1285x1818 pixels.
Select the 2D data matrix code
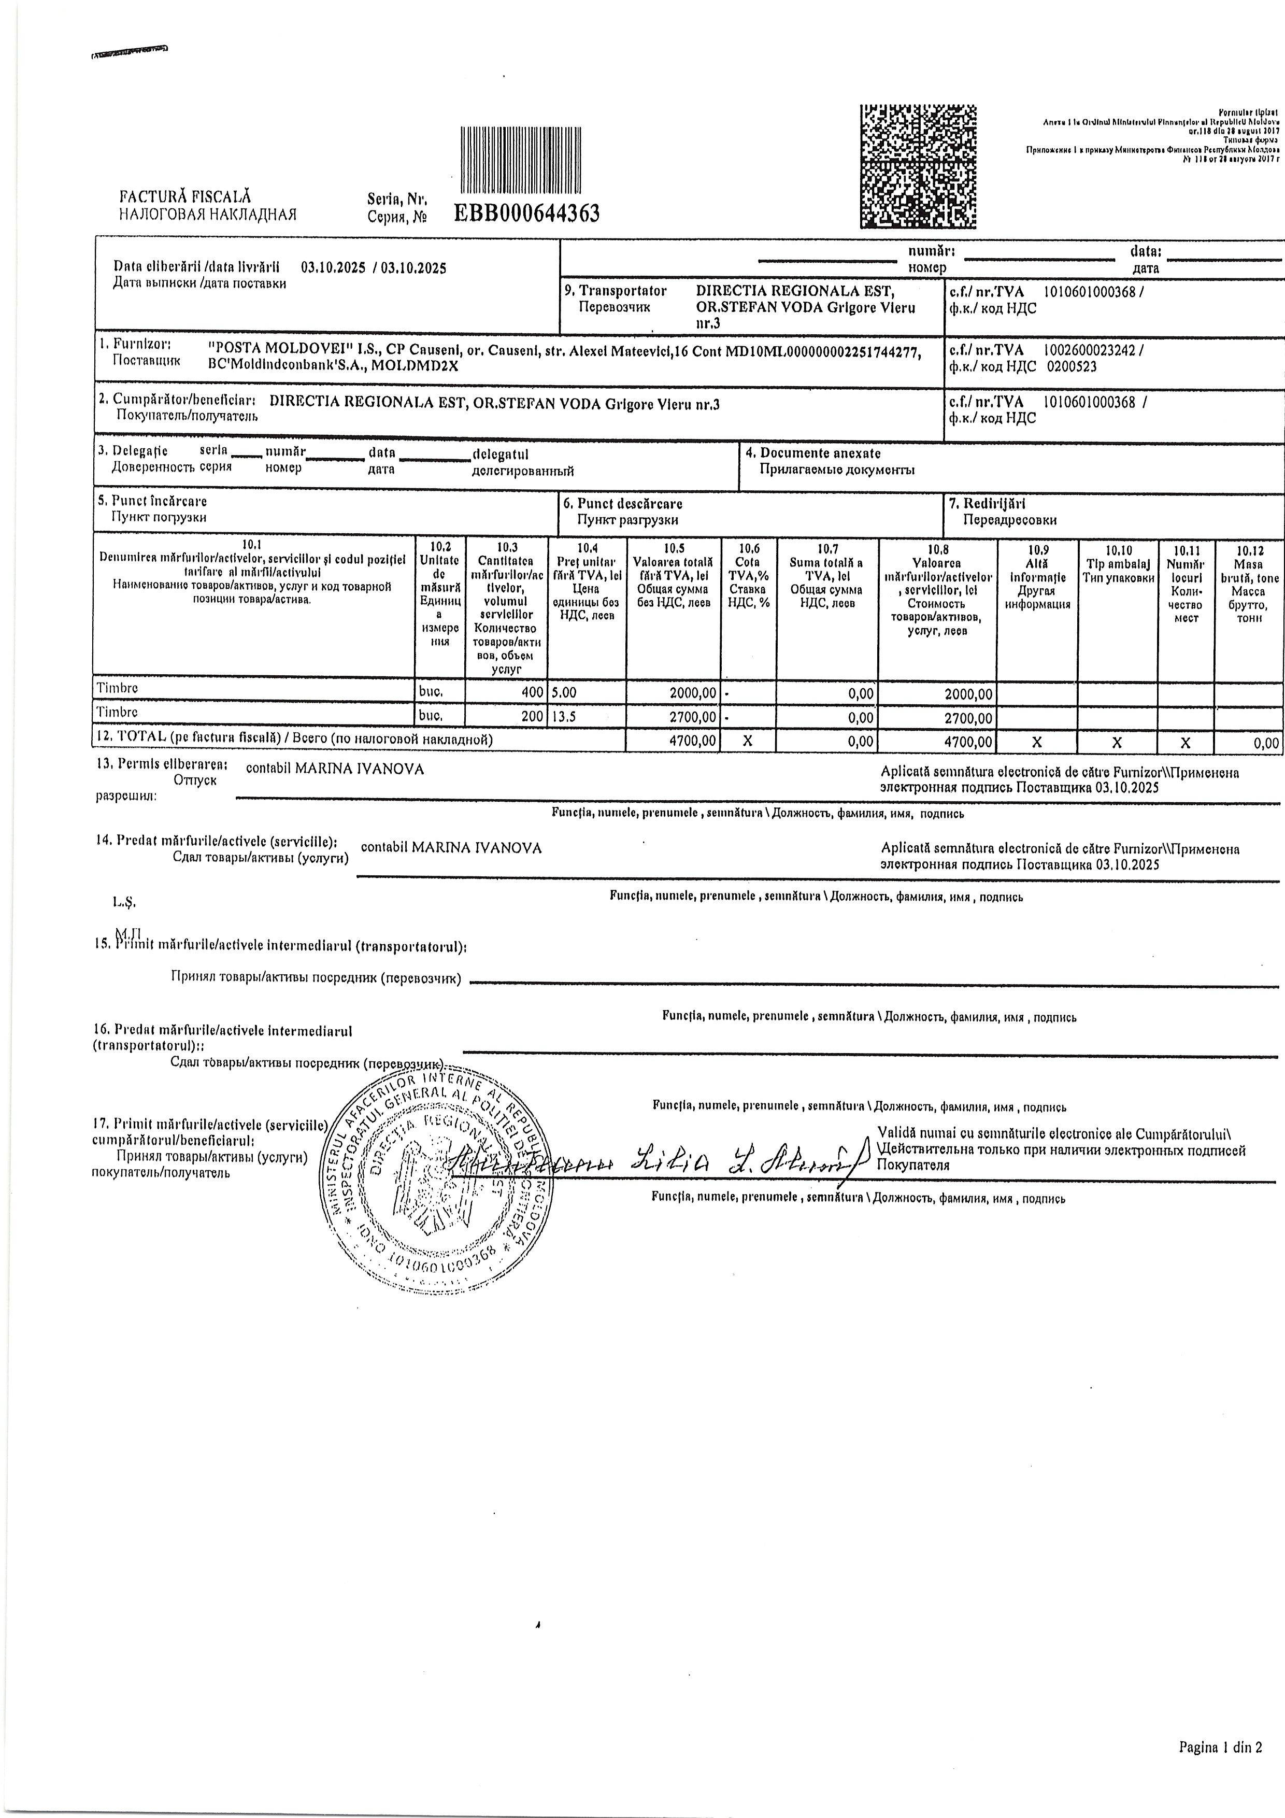[918, 166]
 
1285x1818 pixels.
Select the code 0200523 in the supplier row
[1072, 366]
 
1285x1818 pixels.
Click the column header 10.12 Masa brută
[1249, 584]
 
